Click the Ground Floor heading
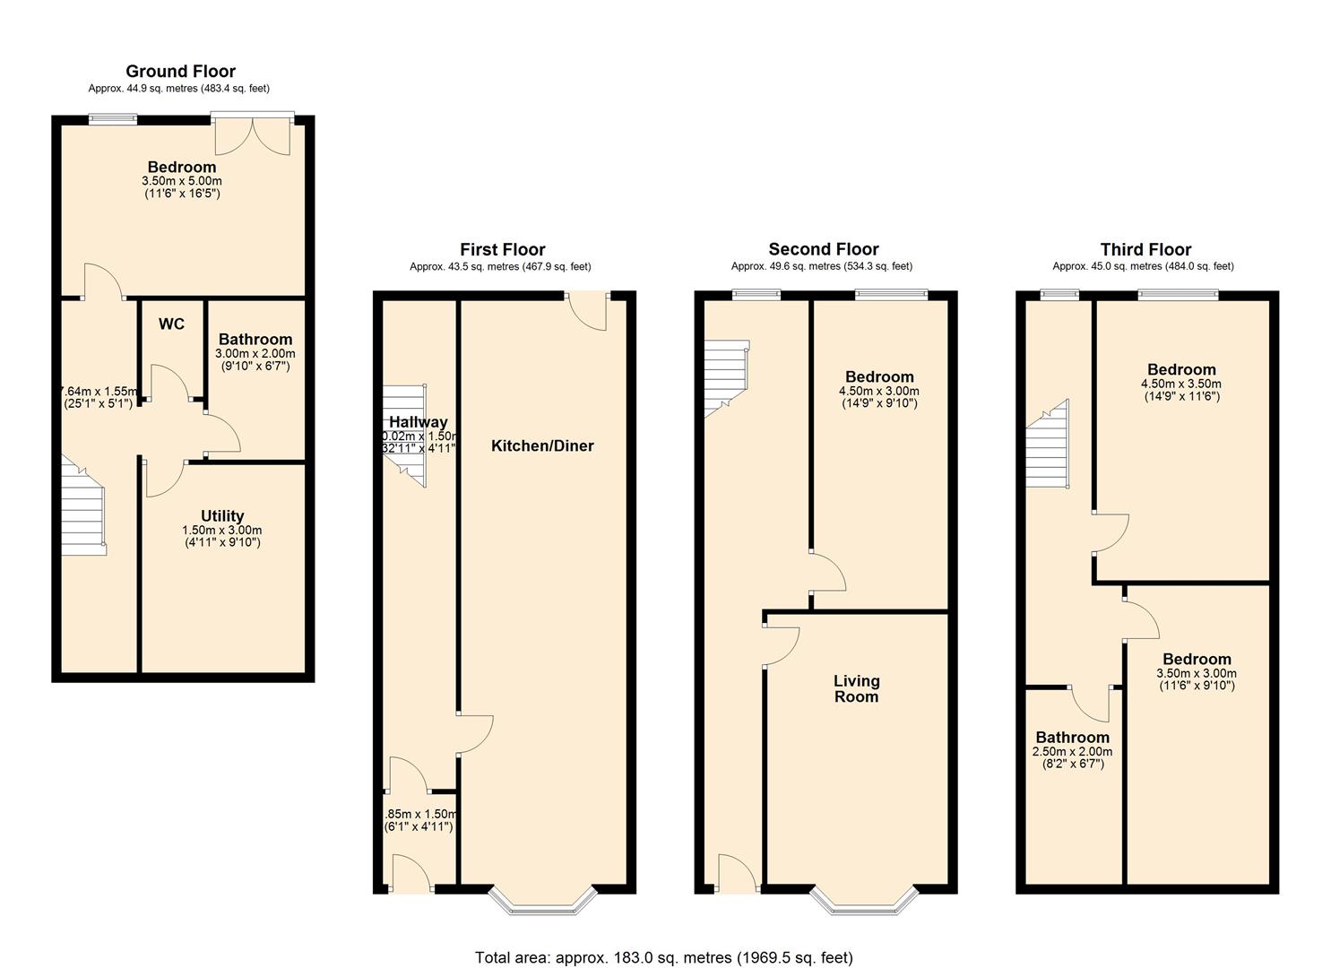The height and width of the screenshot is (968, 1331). coord(180,72)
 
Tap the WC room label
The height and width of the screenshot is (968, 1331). coord(171,324)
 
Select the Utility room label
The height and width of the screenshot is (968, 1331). coord(222,516)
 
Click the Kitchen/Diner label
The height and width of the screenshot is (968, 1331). coord(542,446)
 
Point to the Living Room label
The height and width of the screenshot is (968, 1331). coord(856,688)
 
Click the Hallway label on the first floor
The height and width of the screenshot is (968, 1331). coord(418,422)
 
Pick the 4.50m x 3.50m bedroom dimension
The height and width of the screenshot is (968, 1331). coord(1181,384)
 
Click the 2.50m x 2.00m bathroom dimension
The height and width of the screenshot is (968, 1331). coord(1072,752)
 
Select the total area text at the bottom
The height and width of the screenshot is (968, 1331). coord(663,957)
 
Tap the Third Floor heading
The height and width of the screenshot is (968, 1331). coord(1145,250)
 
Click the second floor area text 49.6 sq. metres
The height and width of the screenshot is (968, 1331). coord(821,266)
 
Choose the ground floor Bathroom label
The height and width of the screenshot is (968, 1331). coord(255,340)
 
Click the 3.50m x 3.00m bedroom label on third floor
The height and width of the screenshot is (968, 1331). coord(1196,674)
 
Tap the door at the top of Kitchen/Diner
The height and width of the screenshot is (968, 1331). coord(589,312)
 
